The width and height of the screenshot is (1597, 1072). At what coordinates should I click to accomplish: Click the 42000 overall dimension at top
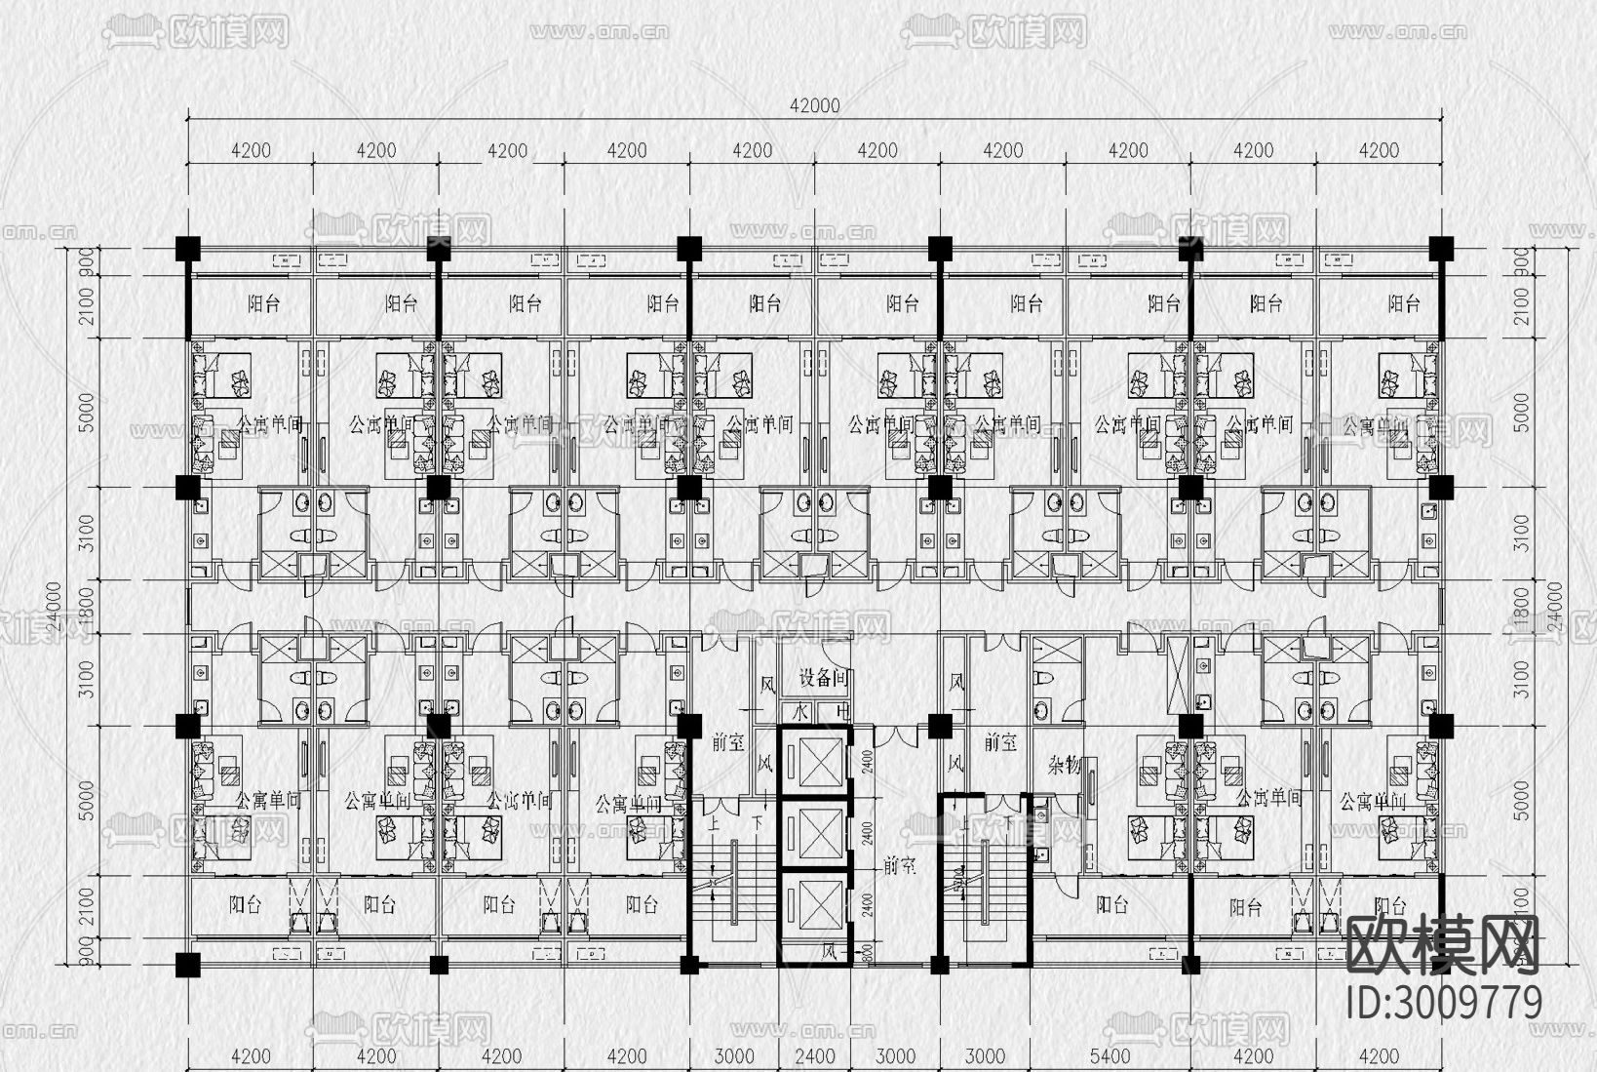coord(814,106)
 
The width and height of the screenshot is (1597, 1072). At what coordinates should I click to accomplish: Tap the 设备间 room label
coord(823,678)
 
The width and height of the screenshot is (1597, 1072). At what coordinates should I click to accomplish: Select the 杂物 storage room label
coord(1065,766)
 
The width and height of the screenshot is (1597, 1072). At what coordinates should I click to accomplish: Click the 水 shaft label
coord(801,711)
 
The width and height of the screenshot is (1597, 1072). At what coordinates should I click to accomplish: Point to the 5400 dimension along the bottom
coord(1110,1056)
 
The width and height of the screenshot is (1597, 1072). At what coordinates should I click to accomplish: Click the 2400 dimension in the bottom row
coord(814,1056)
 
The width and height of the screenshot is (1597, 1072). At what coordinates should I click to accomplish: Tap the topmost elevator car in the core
coord(815,763)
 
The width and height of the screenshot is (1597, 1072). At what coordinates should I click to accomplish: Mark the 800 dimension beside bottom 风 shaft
coord(866,953)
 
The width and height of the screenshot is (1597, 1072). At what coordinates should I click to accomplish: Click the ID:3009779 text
coord(1443,1002)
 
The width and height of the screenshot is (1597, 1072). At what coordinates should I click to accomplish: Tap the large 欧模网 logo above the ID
coord(1443,945)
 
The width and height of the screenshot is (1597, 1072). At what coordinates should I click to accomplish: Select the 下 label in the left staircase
coord(758,824)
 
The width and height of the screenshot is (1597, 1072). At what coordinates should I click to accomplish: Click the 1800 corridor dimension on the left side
coord(88,607)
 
